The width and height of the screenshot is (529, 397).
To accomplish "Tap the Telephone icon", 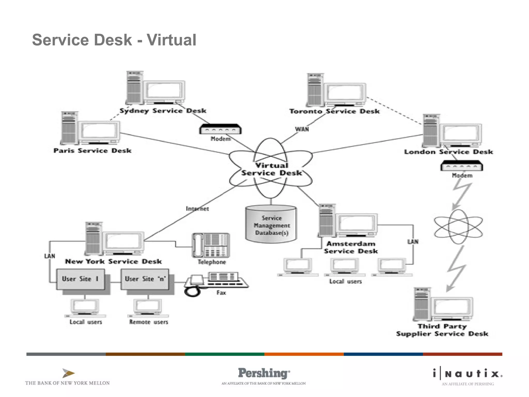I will tap(211, 245).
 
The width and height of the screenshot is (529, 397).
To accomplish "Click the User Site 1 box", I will tap(80, 279).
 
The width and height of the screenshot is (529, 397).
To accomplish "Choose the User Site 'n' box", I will tap(145, 279).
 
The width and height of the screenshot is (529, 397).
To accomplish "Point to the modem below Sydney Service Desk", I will tap(220, 129).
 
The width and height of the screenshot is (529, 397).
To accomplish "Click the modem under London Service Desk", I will tap(462, 166).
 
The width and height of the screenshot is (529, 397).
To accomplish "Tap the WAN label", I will tap(302, 129).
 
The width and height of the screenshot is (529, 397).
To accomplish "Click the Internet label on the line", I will tap(197, 209).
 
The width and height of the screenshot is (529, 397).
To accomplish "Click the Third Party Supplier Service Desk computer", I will tap(443, 305).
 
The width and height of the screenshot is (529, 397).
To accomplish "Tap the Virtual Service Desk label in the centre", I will tap(271, 169).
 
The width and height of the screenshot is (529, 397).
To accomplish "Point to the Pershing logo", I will tap(263, 373).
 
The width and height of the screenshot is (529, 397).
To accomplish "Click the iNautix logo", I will tap(468, 374).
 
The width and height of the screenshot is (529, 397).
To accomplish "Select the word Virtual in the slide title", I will tap(172, 40).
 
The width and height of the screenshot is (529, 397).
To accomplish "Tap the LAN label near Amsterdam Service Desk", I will tap(413, 242).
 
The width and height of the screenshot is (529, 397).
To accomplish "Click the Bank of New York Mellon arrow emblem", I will tap(68, 373).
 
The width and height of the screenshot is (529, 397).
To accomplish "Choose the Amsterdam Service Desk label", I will tap(351, 247).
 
